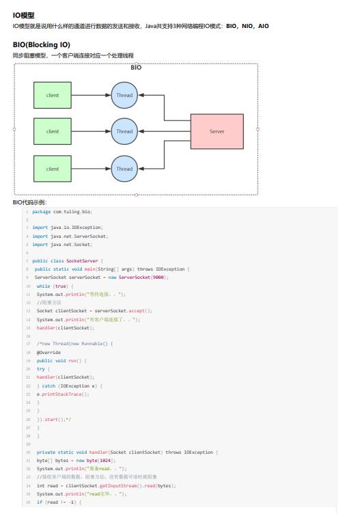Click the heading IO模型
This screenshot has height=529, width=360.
[24, 15]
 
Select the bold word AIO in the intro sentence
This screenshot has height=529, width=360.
[263, 26]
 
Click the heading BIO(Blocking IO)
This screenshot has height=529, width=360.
[41, 44]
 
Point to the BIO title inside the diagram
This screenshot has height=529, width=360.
[136, 68]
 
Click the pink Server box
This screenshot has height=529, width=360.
[217, 131]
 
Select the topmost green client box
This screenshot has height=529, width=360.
[53, 96]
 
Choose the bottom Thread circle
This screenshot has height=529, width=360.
[124, 168]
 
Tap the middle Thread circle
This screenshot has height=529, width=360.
[124, 131]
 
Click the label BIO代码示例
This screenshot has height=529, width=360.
[29, 202]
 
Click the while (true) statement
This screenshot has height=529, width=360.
[48, 286]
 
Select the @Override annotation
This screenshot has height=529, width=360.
[49, 352]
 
